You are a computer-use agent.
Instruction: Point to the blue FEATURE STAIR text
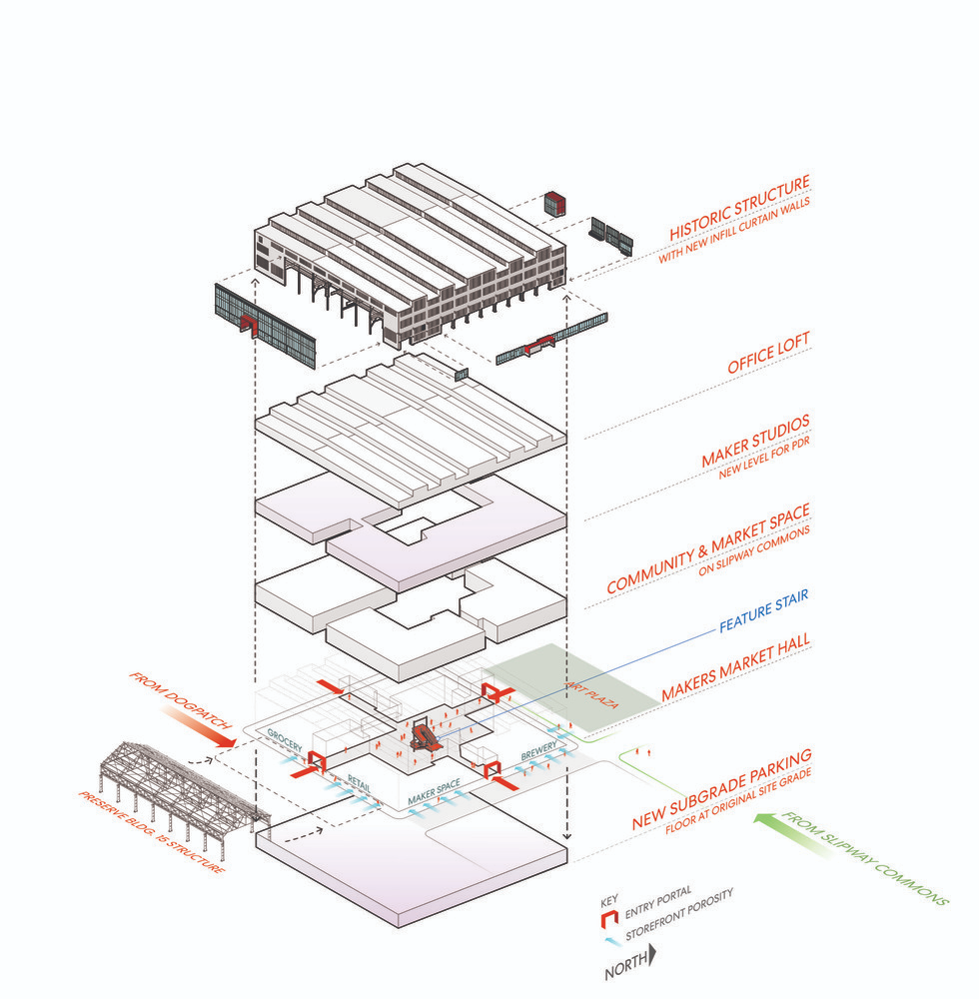[762, 612]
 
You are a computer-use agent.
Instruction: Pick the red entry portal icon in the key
[606, 915]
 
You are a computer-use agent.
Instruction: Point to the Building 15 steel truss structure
[170, 789]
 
